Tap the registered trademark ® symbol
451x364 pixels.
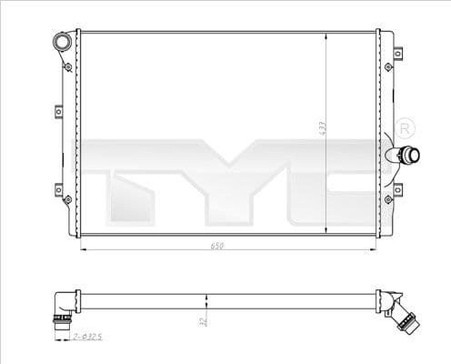click(x=405, y=126)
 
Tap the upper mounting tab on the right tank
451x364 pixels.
click(x=390, y=67)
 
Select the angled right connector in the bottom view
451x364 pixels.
click(x=400, y=313)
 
